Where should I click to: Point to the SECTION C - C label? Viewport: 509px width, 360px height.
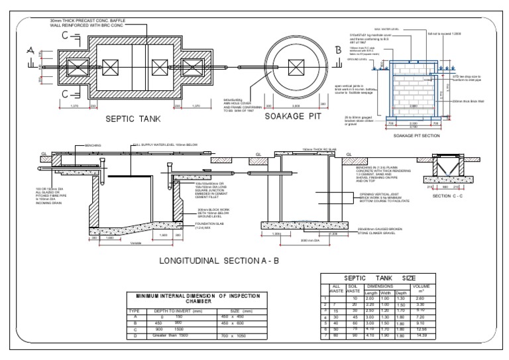(451, 196)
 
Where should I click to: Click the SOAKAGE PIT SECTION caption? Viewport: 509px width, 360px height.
(417, 135)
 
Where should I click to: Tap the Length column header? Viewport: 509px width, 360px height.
(371, 292)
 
